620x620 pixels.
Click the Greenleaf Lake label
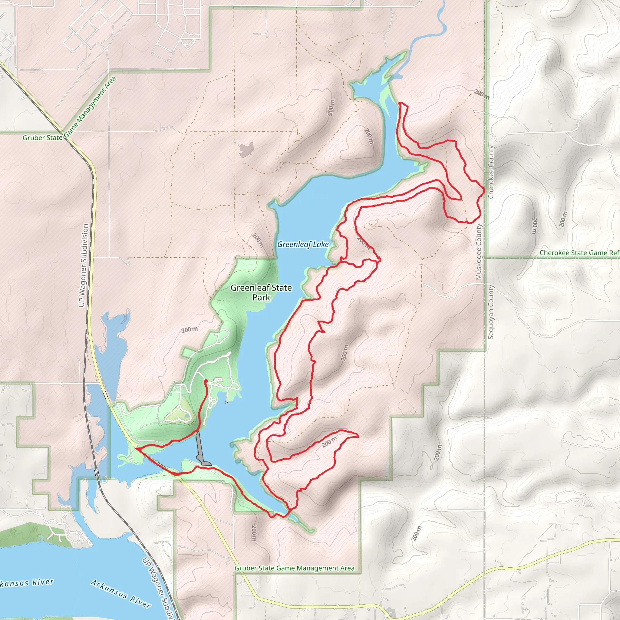coord(303,245)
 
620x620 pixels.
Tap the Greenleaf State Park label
coord(261,292)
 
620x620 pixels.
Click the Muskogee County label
coord(479,252)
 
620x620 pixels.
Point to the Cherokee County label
coord(491,172)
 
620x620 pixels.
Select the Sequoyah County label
coord(491,312)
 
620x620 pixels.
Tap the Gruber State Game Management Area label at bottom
coord(295,568)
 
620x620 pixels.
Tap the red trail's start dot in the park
coord(206,381)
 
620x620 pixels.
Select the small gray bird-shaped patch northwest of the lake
coord(246,150)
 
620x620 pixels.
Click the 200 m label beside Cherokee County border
coord(481,94)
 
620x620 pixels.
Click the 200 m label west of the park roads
coord(190,330)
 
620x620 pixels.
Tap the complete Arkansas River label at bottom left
coord(120,593)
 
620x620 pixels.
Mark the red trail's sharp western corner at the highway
coord(137,448)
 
